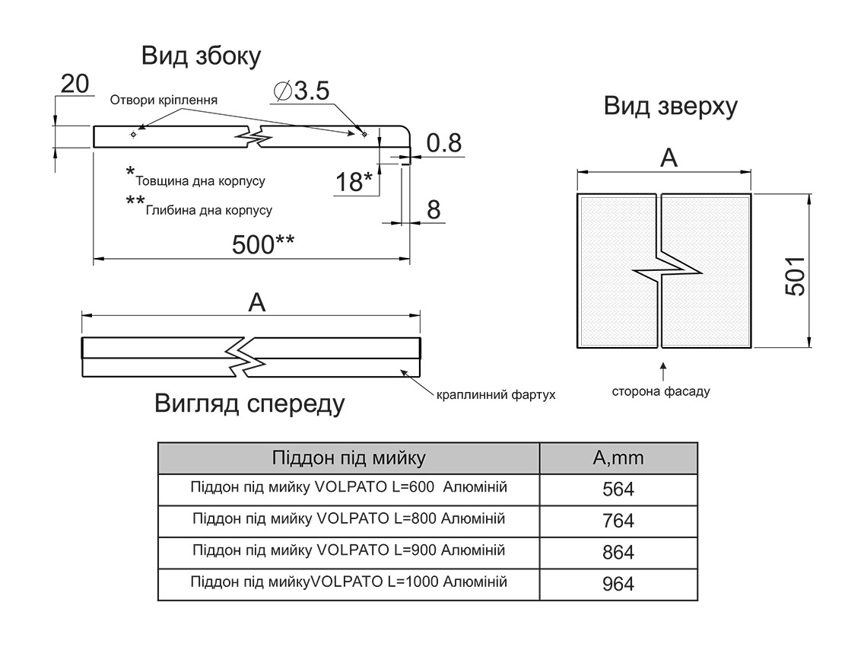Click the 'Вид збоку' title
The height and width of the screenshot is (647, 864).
(x=201, y=56)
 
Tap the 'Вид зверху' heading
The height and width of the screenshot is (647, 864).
(x=670, y=106)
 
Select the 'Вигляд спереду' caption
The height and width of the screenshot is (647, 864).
(x=249, y=403)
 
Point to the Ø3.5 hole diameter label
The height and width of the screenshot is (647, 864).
(x=300, y=91)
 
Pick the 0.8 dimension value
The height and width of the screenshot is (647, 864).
(x=443, y=143)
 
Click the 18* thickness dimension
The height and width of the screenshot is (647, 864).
(x=354, y=182)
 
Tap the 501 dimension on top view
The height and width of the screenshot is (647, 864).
(x=793, y=271)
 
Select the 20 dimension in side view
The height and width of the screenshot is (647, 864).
(x=75, y=84)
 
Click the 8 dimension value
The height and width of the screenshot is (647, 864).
(x=434, y=209)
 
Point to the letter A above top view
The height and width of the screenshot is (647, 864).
(x=668, y=158)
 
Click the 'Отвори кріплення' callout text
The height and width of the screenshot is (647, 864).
(x=164, y=100)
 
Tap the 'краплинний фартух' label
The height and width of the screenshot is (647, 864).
(x=496, y=395)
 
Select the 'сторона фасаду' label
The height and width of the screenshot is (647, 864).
(x=661, y=392)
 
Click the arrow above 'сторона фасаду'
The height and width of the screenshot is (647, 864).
(x=663, y=371)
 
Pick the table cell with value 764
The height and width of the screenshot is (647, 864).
(x=618, y=521)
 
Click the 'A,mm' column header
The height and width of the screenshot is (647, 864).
(x=618, y=458)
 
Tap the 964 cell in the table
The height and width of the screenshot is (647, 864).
(x=618, y=585)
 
